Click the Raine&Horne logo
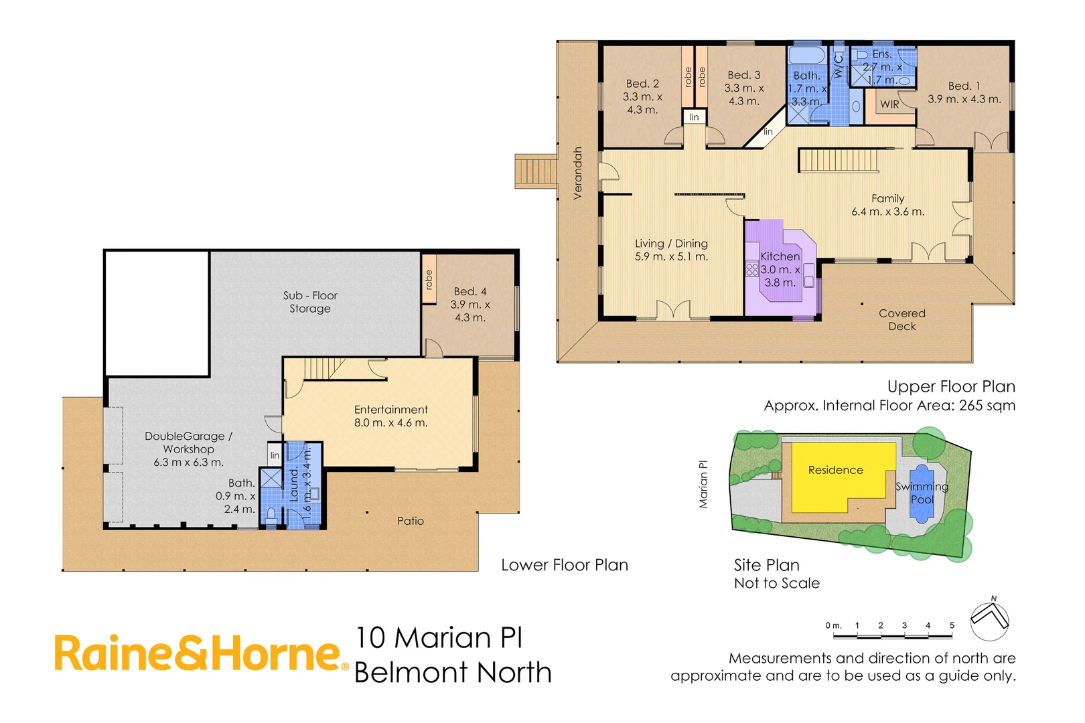click(201, 653)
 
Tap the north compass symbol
click(989, 620)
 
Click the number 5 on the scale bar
click(951, 625)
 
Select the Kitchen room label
click(780, 256)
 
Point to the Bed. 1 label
click(964, 86)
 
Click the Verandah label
click(577, 173)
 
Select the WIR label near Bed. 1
click(889, 104)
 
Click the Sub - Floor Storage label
click(310, 302)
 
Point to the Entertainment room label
click(390, 410)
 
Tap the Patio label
click(410, 521)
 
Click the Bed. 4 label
click(469, 292)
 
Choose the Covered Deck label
click(901, 319)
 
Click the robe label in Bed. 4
click(429, 280)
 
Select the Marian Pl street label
click(703, 484)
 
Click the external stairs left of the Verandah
click(535, 171)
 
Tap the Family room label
click(887, 199)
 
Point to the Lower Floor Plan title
click(564, 565)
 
